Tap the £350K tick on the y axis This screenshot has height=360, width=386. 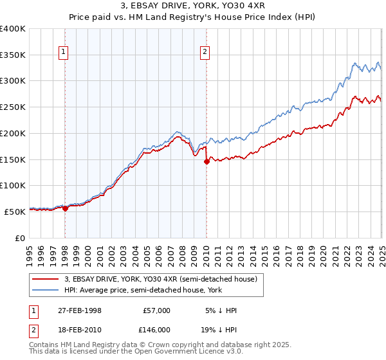point(13,55)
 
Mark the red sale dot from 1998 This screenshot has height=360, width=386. point(66,208)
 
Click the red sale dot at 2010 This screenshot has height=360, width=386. point(207,162)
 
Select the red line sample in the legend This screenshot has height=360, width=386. point(46,279)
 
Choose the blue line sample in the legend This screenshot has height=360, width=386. point(46,291)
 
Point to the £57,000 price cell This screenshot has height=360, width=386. point(156,310)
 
